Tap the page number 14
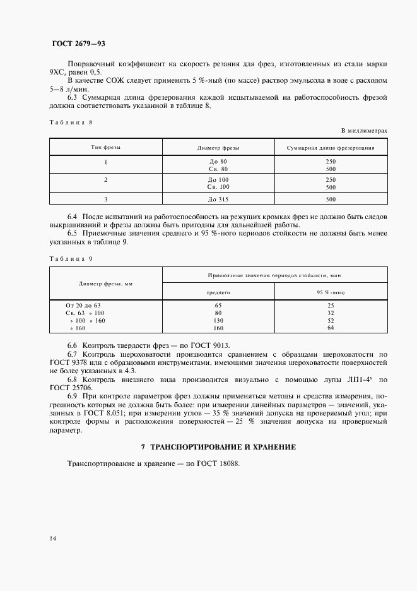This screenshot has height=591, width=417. pyautogui.click(x=52, y=538)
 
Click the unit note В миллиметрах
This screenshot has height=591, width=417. pyautogui.click(x=364, y=130)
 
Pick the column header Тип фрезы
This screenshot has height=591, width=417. pyautogui.click(x=105, y=147)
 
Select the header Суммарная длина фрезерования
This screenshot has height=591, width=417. pyautogui.click(x=331, y=147)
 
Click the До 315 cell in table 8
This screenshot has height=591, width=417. pyautogui.click(x=218, y=200)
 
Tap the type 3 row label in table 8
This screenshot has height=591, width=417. pyautogui.click(x=105, y=200)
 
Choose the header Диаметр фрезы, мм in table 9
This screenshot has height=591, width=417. pyautogui.click(x=105, y=284)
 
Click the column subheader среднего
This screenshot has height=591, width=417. pyautogui.click(x=218, y=293)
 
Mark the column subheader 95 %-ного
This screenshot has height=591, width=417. pyautogui.click(x=331, y=293)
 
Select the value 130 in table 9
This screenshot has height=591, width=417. pyautogui.click(x=218, y=321)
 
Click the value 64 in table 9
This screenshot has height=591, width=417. pyautogui.click(x=331, y=328)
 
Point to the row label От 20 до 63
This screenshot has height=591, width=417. pyautogui.click(x=83, y=305)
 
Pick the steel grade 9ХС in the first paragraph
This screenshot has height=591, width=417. pyautogui.click(x=57, y=73)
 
